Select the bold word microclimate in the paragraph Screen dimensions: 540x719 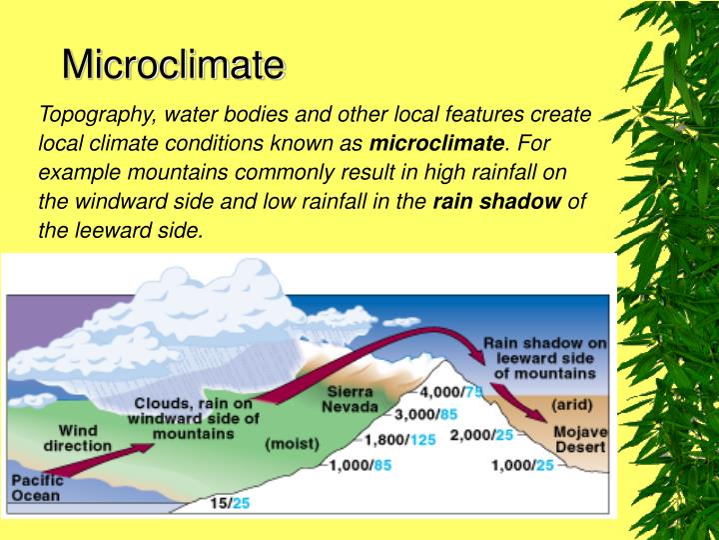click(437, 143)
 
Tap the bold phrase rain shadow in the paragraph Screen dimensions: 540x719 click(497, 201)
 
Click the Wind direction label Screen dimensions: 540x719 click(78, 437)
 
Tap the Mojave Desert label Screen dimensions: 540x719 click(580, 439)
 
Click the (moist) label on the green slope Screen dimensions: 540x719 click(292, 442)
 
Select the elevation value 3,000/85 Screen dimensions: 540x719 click(425, 414)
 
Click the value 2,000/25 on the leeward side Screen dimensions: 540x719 click(482, 435)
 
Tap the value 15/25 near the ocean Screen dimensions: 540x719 click(229, 503)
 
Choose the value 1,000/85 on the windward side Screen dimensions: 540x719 click(361, 465)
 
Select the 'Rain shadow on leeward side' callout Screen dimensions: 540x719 click(544, 357)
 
